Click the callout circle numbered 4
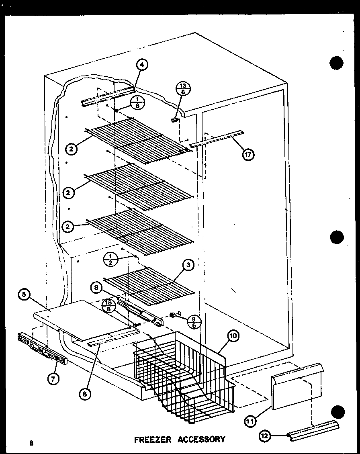click(142, 65)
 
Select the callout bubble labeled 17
click(248, 154)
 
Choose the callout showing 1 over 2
click(110, 259)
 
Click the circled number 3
click(188, 265)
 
